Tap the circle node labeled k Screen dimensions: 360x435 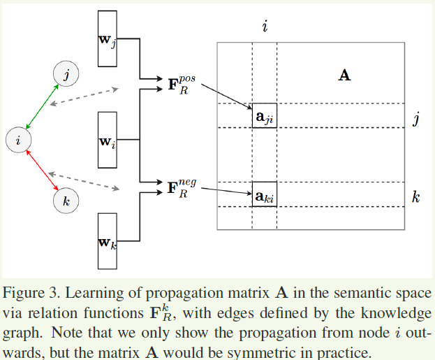pyautogui.click(x=66, y=201)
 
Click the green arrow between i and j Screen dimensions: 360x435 pyautogui.click(x=41, y=108)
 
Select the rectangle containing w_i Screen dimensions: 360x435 pyautogui.click(x=107, y=140)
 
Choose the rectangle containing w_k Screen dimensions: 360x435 pyautogui.click(x=107, y=242)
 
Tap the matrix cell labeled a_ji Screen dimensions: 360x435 pyautogui.click(x=265, y=117)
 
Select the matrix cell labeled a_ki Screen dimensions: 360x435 pyautogui.click(x=265, y=195)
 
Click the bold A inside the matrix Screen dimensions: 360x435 pyautogui.click(x=344, y=75)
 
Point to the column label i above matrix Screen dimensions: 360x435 pyautogui.click(x=265, y=27)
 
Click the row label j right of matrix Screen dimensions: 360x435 pyautogui.click(x=416, y=119)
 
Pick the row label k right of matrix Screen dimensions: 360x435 pyautogui.click(x=415, y=197)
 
